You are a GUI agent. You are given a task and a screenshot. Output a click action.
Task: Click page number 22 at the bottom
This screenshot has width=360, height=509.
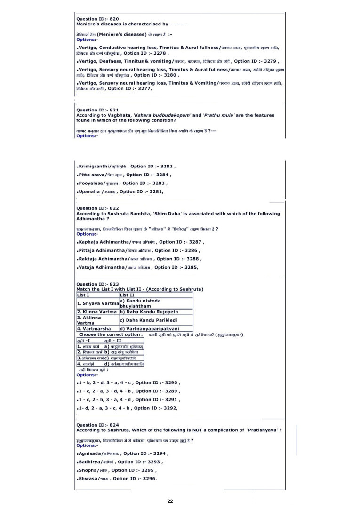(170, 501)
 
